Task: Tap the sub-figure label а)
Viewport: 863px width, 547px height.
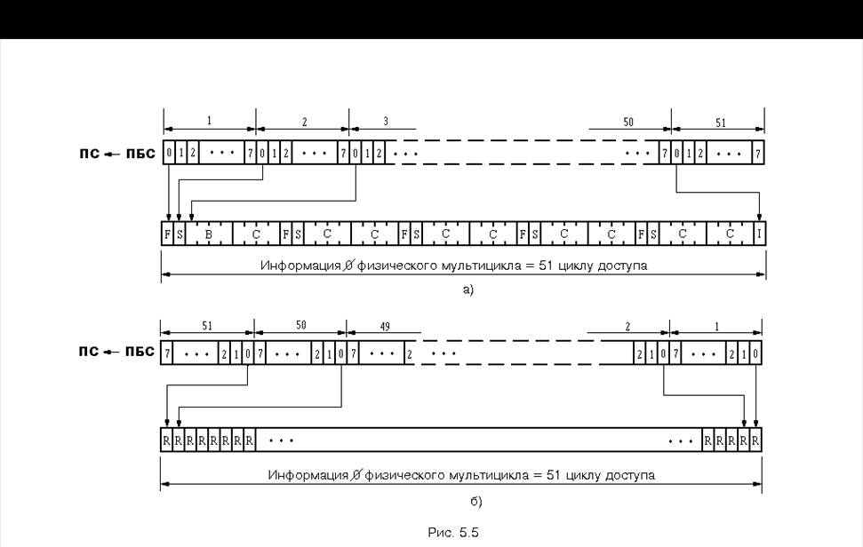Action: (x=467, y=289)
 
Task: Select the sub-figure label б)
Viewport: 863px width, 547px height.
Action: (x=475, y=503)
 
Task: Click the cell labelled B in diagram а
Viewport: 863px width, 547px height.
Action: (x=208, y=234)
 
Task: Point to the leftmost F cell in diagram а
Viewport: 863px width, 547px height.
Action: (x=168, y=234)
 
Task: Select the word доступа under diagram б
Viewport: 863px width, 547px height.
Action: (x=633, y=475)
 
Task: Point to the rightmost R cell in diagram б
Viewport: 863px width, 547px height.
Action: (x=755, y=439)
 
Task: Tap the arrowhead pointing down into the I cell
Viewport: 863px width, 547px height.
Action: (x=759, y=218)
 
